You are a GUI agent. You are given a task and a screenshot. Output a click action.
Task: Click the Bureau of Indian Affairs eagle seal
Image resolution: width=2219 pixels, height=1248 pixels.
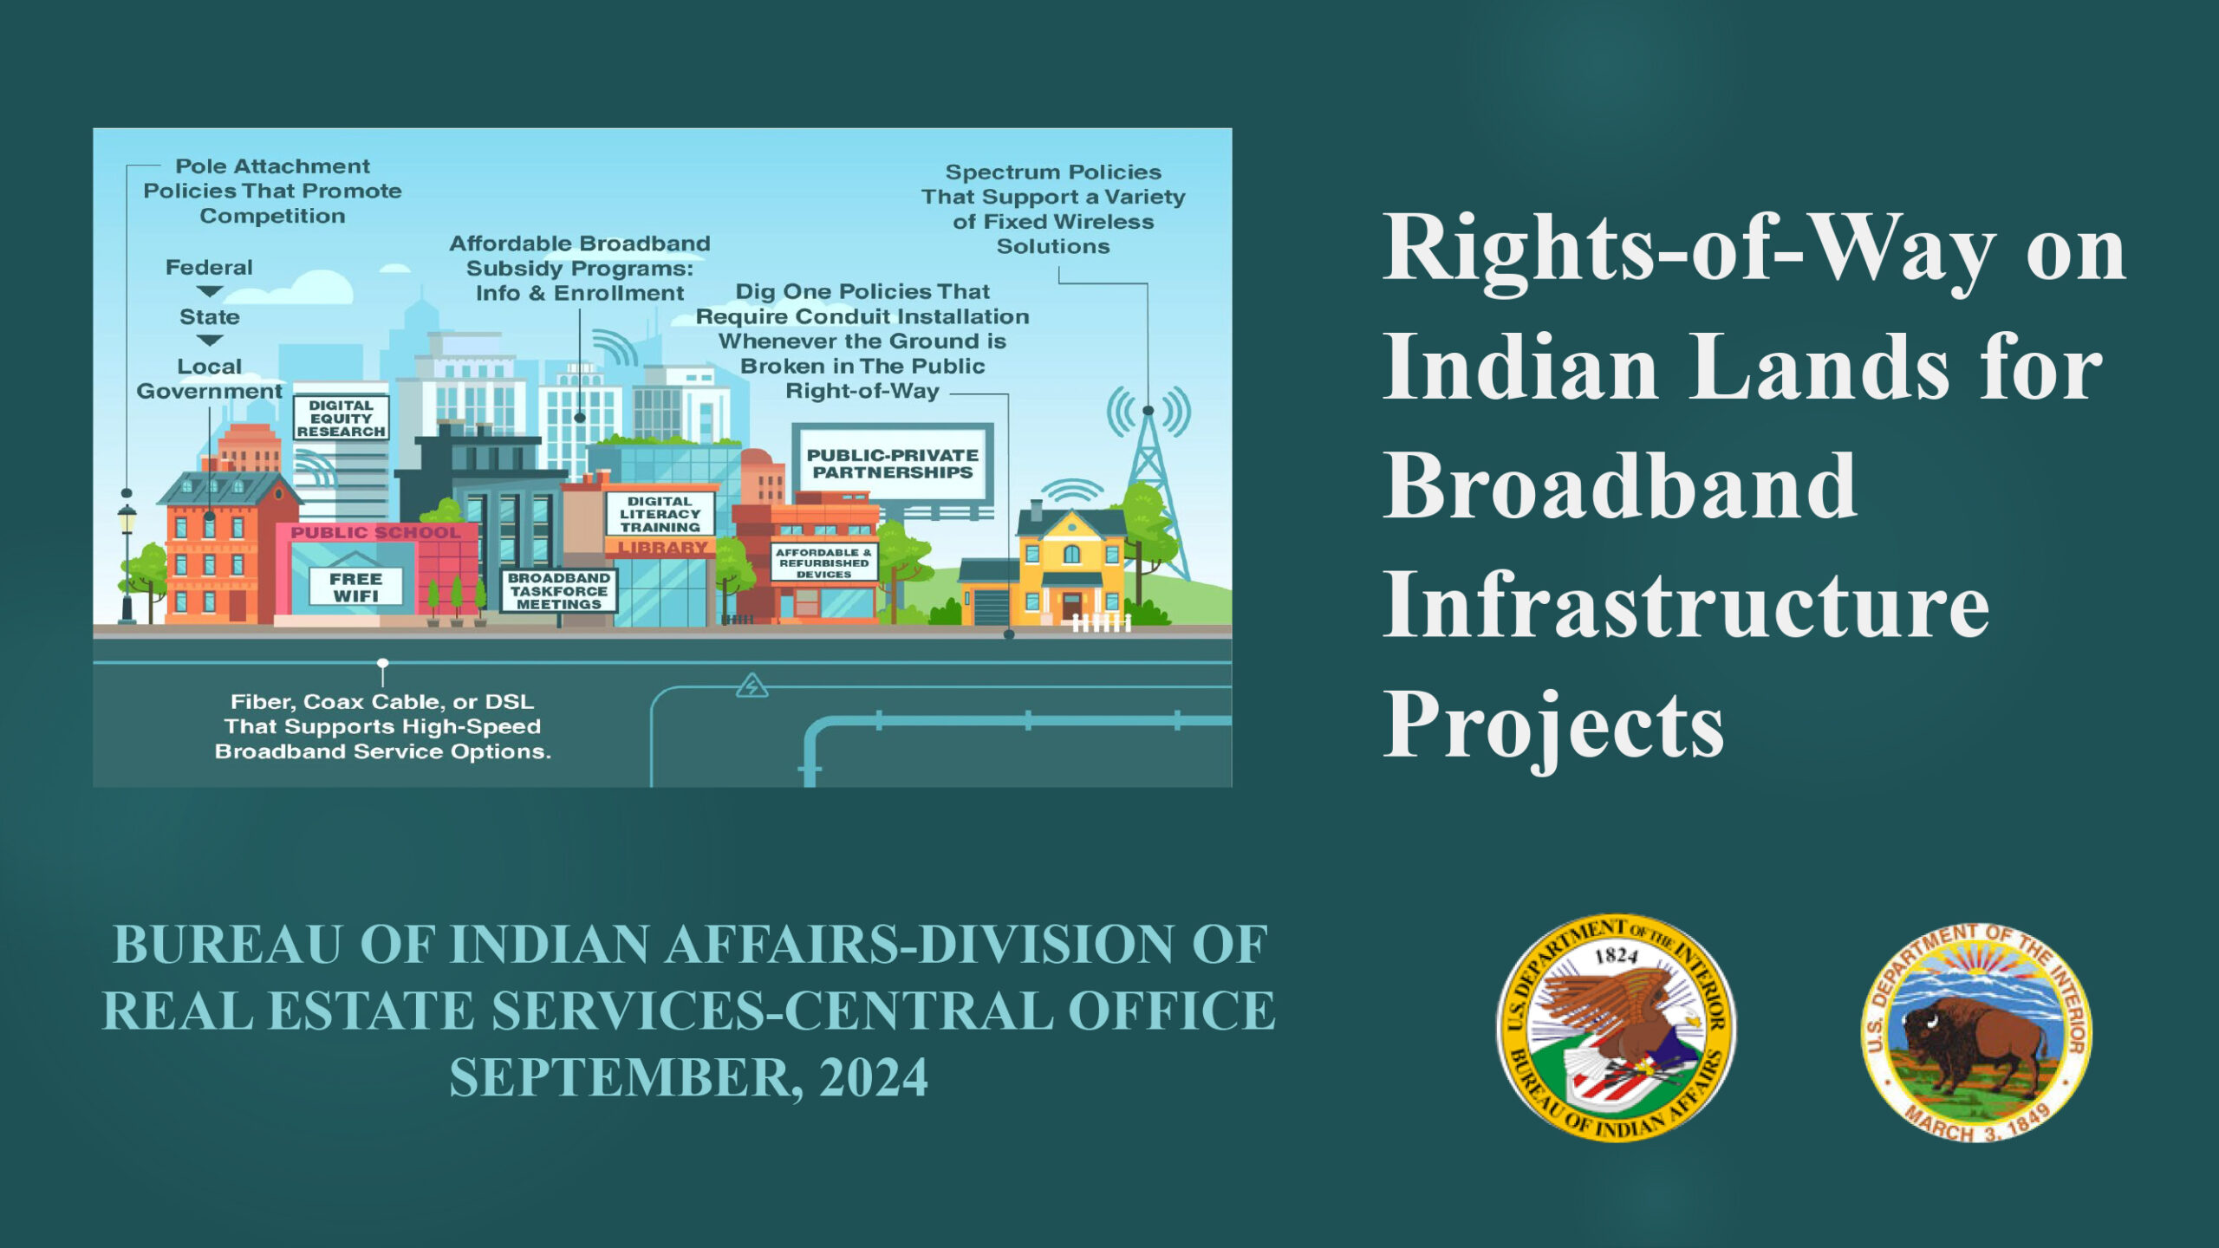(x=1617, y=1028)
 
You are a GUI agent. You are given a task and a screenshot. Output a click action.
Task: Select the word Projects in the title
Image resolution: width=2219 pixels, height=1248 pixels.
(x=1553, y=726)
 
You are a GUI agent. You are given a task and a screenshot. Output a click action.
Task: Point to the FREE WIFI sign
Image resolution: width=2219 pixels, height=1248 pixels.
(x=356, y=587)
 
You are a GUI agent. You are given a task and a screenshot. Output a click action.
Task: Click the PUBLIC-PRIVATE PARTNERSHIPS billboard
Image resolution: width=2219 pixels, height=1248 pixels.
(x=893, y=463)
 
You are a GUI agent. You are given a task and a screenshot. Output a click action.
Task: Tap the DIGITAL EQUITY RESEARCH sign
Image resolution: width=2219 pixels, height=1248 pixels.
(x=341, y=418)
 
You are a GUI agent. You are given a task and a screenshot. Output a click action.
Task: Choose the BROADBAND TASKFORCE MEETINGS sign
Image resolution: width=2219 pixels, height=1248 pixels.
(x=559, y=591)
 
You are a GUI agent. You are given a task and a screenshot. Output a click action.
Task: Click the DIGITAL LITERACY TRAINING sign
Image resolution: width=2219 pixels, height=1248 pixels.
(x=660, y=514)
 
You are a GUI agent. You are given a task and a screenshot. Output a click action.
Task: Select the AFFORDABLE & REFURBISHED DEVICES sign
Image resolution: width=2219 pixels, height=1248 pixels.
(x=823, y=562)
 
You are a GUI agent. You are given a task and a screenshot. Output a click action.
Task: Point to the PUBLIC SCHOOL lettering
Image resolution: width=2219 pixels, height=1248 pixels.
(x=375, y=532)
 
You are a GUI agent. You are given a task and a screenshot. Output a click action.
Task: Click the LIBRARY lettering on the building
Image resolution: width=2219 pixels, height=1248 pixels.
(x=663, y=548)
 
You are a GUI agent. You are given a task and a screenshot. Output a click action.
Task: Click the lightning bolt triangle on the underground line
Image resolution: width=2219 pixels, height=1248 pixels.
(x=751, y=686)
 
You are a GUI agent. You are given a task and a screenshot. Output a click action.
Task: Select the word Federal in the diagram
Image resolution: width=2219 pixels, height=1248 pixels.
(x=209, y=267)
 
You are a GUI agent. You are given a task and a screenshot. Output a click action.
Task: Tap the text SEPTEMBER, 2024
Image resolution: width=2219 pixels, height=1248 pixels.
(x=688, y=1077)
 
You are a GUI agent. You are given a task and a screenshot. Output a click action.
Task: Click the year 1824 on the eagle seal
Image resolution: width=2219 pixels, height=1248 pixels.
(x=1617, y=956)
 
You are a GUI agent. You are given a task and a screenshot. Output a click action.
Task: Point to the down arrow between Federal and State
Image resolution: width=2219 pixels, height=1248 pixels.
(x=210, y=292)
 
